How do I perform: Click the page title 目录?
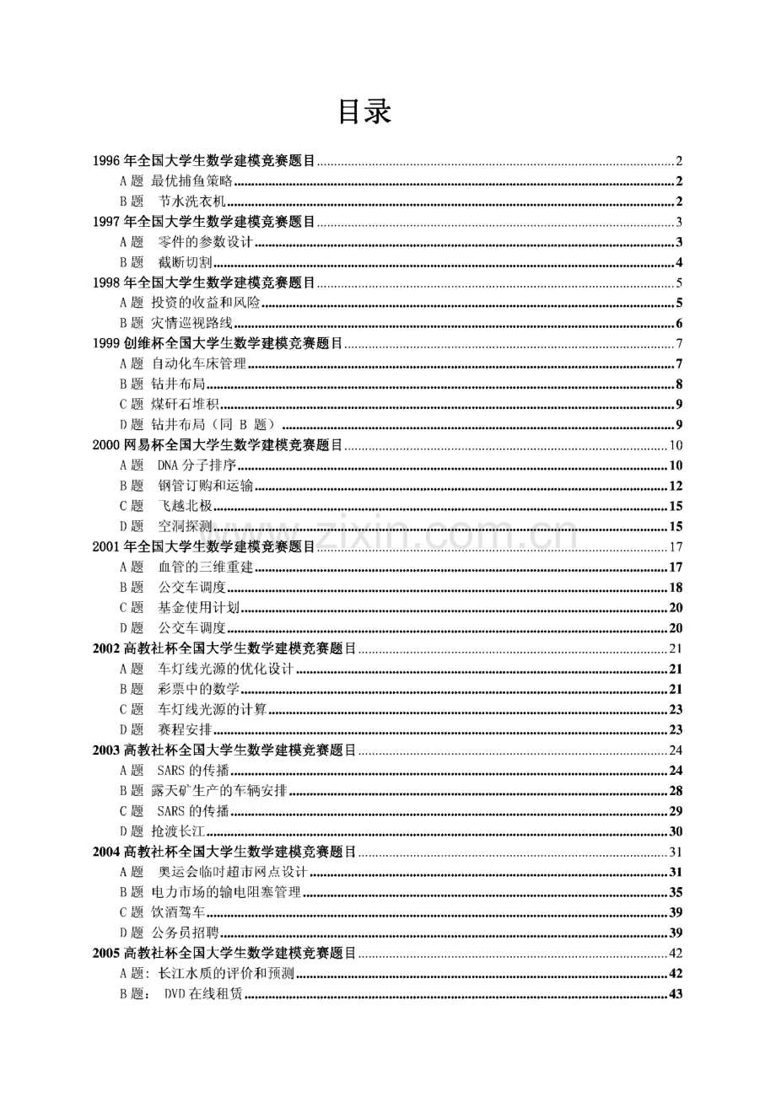[364, 112]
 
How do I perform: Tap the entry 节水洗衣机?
[191, 202]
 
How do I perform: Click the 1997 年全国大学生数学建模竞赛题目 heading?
[203, 222]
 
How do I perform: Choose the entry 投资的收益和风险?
[206, 304]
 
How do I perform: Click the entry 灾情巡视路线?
[191, 324]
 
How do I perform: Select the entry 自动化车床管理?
[199, 364]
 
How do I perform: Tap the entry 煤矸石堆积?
[185, 405]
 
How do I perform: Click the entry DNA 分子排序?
[196, 465]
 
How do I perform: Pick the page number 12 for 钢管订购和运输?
[676, 487]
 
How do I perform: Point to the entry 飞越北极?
[185, 507]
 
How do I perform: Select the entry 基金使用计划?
[198, 608]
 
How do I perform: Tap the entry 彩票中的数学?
[198, 690]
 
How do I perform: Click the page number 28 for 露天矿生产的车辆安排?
[676, 791]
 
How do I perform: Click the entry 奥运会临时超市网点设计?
[232, 872]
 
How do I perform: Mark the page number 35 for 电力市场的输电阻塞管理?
[676, 892]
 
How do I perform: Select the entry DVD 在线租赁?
[203, 994]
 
